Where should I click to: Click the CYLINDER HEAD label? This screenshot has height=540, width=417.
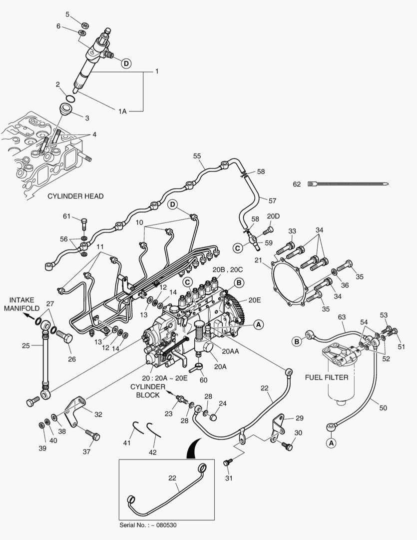pyautogui.click(x=75, y=196)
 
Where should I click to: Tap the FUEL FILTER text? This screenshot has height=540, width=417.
pyautogui.click(x=327, y=377)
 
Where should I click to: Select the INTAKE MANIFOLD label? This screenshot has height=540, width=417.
pyautogui.click(x=19, y=304)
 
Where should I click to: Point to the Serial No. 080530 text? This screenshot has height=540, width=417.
pyautogui.click(x=148, y=525)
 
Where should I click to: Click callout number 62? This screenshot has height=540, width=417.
pyautogui.click(x=297, y=184)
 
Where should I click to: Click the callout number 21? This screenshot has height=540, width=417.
pyautogui.click(x=258, y=260)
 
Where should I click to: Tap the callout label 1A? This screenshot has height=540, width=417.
pyautogui.click(x=122, y=111)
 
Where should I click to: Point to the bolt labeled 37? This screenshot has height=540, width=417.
pyautogui.click(x=92, y=435)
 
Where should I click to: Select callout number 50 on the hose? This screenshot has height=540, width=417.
pyautogui.click(x=383, y=408)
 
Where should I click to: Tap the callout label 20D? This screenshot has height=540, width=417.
pyautogui.click(x=273, y=216)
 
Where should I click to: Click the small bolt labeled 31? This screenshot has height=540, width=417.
pyautogui.click(x=227, y=463)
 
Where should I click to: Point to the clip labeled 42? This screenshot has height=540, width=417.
pyautogui.click(x=154, y=430)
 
